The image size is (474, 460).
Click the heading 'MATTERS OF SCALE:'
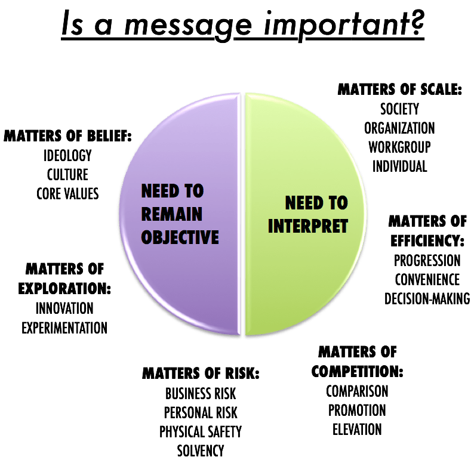click(x=399, y=90)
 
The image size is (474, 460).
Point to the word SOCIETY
click(x=399, y=109)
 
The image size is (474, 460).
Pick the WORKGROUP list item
click(x=399, y=147)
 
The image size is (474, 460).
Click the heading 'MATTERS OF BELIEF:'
click(x=67, y=137)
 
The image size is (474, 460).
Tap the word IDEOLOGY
click(x=67, y=156)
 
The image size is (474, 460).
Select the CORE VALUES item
click(x=67, y=194)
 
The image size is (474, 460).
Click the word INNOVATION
click(x=64, y=308)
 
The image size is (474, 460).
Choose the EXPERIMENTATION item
click(x=64, y=328)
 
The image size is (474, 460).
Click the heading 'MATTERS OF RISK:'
click(x=201, y=374)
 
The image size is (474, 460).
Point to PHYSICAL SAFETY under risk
click(x=201, y=431)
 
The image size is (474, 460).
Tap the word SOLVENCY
click(x=201, y=450)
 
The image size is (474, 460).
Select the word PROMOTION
click(x=357, y=410)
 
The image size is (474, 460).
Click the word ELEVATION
click(x=357, y=429)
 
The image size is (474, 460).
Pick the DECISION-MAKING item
click(x=427, y=298)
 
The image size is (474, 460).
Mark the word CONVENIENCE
click(x=427, y=279)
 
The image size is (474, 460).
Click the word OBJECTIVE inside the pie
click(x=180, y=237)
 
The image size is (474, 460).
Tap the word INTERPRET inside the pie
click(x=308, y=227)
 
